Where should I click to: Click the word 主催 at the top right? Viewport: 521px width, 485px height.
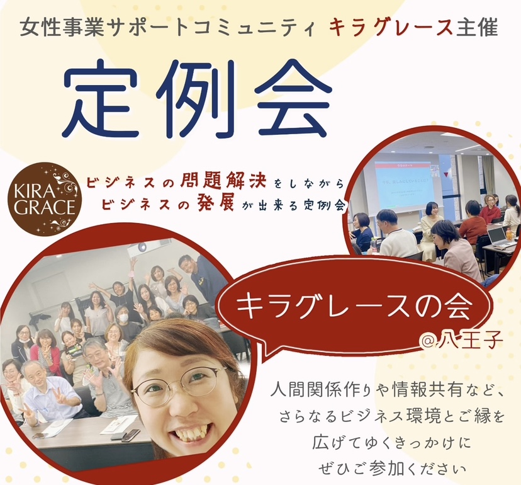(477, 27)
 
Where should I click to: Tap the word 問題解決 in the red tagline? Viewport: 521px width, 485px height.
(223, 183)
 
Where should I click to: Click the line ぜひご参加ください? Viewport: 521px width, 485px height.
(392, 469)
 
